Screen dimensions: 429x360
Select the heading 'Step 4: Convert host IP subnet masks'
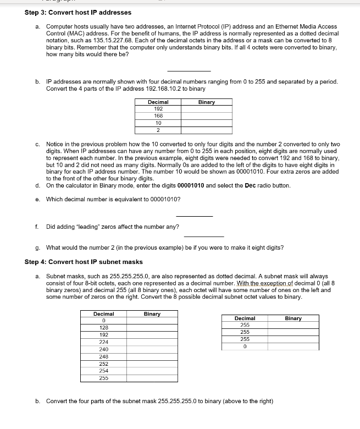[x=84, y=262]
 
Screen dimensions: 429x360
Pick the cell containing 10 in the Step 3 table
[x=158, y=123]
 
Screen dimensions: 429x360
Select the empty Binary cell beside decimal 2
[x=207, y=130]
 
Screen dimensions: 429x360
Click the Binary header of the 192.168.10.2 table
[x=207, y=102]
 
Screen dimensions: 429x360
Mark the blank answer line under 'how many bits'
[x=189, y=70]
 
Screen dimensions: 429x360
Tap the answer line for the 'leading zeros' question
[x=203, y=236]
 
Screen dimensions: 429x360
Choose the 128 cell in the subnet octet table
[x=103, y=328]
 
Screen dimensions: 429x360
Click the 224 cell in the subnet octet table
[x=103, y=342]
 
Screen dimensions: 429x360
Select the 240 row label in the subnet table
[x=103, y=349]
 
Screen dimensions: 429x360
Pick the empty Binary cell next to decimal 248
[x=152, y=356]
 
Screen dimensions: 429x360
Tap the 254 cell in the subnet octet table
[x=103, y=371]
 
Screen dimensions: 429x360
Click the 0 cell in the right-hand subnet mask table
[x=245, y=346]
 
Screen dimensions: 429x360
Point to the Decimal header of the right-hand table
[x=245, y=318]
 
